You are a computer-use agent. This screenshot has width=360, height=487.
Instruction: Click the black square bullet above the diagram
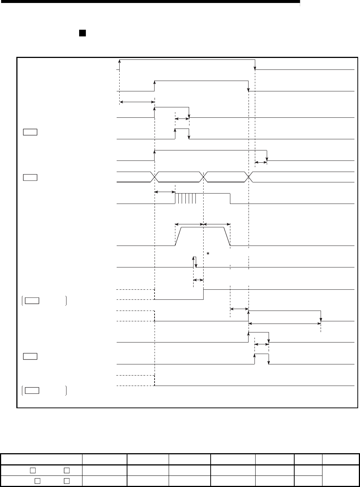pos(82,33)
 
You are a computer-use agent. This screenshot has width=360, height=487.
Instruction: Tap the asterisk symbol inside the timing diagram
pos(209,253)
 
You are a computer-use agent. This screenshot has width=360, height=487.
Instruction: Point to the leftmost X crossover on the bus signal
pos(155,177)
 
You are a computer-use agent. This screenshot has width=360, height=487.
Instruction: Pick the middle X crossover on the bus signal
pos(204,177)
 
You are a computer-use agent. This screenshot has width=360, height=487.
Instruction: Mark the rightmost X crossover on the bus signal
pos(249,177)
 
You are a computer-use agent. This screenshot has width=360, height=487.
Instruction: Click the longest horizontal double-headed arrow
pos(285,324)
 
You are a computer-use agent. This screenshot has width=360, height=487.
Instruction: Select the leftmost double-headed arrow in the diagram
pos(137,101)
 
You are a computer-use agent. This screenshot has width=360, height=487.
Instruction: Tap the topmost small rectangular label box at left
pos(29,132)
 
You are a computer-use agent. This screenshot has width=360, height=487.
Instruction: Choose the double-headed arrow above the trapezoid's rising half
pos(189,224)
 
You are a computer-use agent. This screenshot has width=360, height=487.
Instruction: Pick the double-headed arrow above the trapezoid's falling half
pos(217,224)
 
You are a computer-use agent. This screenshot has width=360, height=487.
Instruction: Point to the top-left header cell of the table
pos(41,459)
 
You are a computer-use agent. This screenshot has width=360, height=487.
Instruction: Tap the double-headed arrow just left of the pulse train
pos(165,192)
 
